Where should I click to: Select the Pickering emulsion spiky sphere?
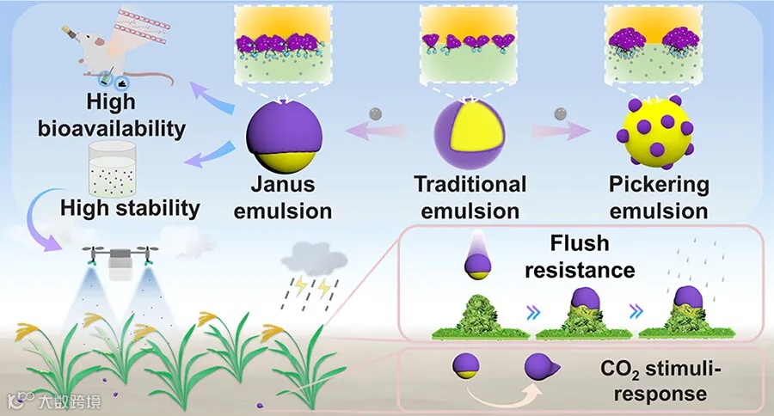click(654, 134)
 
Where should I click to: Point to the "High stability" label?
click(130, 208)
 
